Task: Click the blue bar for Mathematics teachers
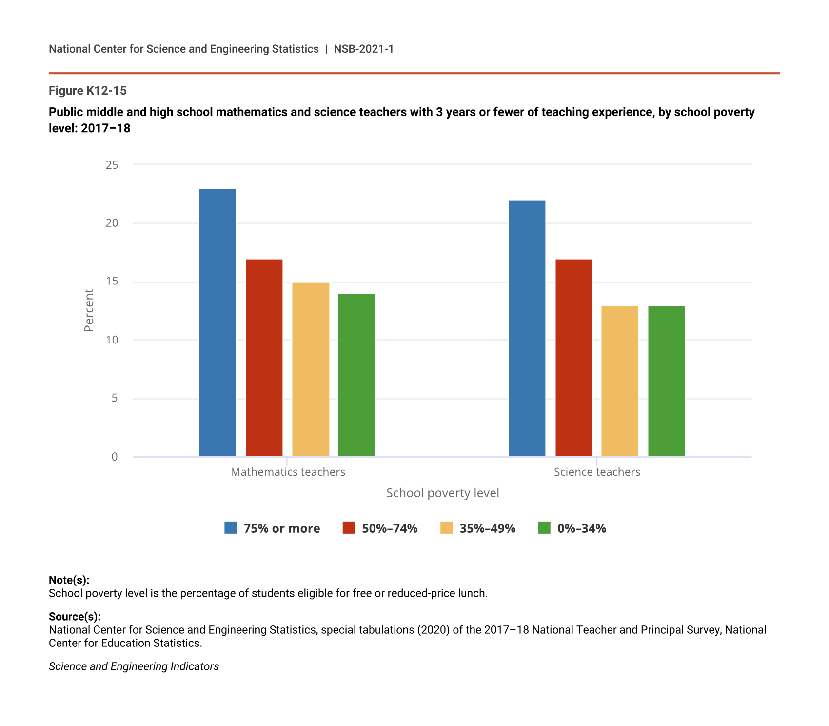point(217,323)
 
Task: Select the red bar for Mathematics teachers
point(264,358)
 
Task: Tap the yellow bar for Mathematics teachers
point(311,370)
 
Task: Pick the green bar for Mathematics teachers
point(356,375)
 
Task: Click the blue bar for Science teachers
point(527,328)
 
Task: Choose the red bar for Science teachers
point(574,358)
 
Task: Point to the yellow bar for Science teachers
point(620,382)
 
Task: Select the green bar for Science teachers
point(667,382)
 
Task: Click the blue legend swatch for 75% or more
point(231,528)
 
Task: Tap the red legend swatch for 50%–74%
point(349,528)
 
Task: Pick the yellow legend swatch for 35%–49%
point(446,528)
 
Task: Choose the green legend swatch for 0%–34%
point(544,528)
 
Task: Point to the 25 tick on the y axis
point(112,165)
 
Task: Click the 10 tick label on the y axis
point(112,340)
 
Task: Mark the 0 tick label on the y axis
point(115,457)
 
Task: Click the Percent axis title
point(89,310)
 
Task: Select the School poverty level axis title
point(443,493)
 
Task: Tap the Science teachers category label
point(597,472)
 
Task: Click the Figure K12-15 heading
point(88,91)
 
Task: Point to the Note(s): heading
point(69,580)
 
